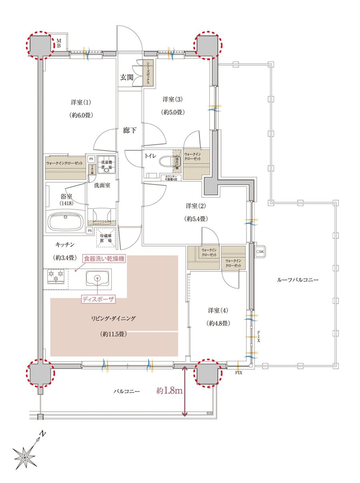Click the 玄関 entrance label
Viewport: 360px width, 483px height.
point(127,78)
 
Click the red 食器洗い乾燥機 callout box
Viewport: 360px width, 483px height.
point(104,259)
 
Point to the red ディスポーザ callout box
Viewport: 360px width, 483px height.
point(98,299)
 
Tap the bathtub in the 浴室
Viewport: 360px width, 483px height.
point(65,221)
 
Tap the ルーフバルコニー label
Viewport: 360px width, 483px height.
point(298,280)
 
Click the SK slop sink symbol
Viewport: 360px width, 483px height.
point(260,251)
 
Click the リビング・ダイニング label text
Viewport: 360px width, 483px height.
point(114,319)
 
